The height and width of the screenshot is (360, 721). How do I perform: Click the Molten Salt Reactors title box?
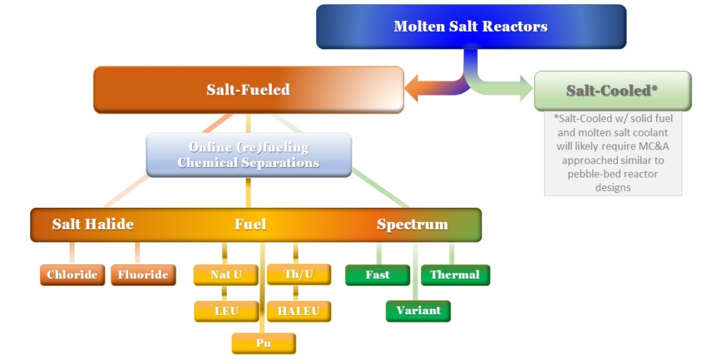coord(470,27)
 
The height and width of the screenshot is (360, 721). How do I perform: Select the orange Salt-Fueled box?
coord(249,89)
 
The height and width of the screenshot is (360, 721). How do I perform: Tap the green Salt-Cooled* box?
coord(612,91)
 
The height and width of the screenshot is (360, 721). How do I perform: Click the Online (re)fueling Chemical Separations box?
coord(249,155)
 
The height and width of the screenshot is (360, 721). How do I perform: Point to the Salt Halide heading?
coord(93,225)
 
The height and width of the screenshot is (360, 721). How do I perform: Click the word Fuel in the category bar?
coord(250,225)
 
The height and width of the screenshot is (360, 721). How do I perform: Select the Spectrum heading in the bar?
coord(412,225)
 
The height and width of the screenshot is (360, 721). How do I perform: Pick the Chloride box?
coord(73,275)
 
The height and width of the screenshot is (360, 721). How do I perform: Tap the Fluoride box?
coord(143,275)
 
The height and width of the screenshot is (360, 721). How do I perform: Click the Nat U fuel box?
coord(225,275)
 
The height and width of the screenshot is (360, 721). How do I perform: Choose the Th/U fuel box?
coord(299,275)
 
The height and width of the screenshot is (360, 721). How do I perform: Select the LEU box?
coord(226,311)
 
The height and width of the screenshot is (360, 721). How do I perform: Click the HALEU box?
coord(299,311)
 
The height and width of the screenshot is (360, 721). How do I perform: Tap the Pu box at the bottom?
coord(263,344)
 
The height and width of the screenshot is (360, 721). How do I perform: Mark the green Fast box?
coord(377,275)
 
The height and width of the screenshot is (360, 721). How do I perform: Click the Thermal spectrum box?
coord(455,275)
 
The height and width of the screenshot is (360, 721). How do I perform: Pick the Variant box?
coord(418,311)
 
